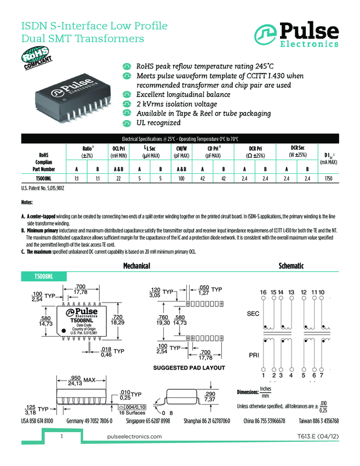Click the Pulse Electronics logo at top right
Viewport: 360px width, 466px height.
click(296, 33)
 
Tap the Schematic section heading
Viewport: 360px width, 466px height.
click(291, 266)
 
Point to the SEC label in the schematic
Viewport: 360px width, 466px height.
click(253, 314)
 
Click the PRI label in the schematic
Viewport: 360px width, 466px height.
click(253, 355)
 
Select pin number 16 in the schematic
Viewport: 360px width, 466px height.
click(263, 291)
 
